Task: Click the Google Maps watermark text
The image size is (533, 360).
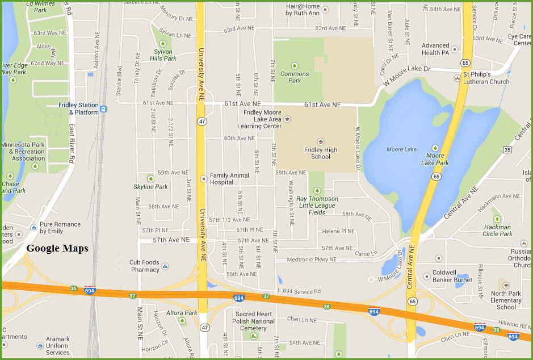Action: [57, 248]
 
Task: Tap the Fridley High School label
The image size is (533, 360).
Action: [321, 153]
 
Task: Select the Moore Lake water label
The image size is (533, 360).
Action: [402, 149]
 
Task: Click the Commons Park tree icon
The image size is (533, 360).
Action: [295, 65]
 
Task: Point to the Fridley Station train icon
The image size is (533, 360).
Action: [103, 109]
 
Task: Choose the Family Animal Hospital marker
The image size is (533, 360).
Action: [204, 179]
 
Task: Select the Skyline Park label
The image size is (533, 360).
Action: [150, 187]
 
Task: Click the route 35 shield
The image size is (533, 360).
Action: [507, 149]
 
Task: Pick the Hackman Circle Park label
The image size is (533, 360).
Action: [498, 231]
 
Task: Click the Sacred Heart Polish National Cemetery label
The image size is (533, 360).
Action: [254, 321]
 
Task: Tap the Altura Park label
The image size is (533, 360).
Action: [182, 313]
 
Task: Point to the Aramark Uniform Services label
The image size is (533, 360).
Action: [58, 345]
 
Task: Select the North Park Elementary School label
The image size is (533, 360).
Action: [506, 300]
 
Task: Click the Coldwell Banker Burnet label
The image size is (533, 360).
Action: [452, 276]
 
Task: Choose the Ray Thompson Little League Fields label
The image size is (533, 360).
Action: [317, 206]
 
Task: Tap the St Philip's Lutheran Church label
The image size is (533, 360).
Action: [486, 78]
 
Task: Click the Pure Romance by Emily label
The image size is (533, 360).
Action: [60, 228]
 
